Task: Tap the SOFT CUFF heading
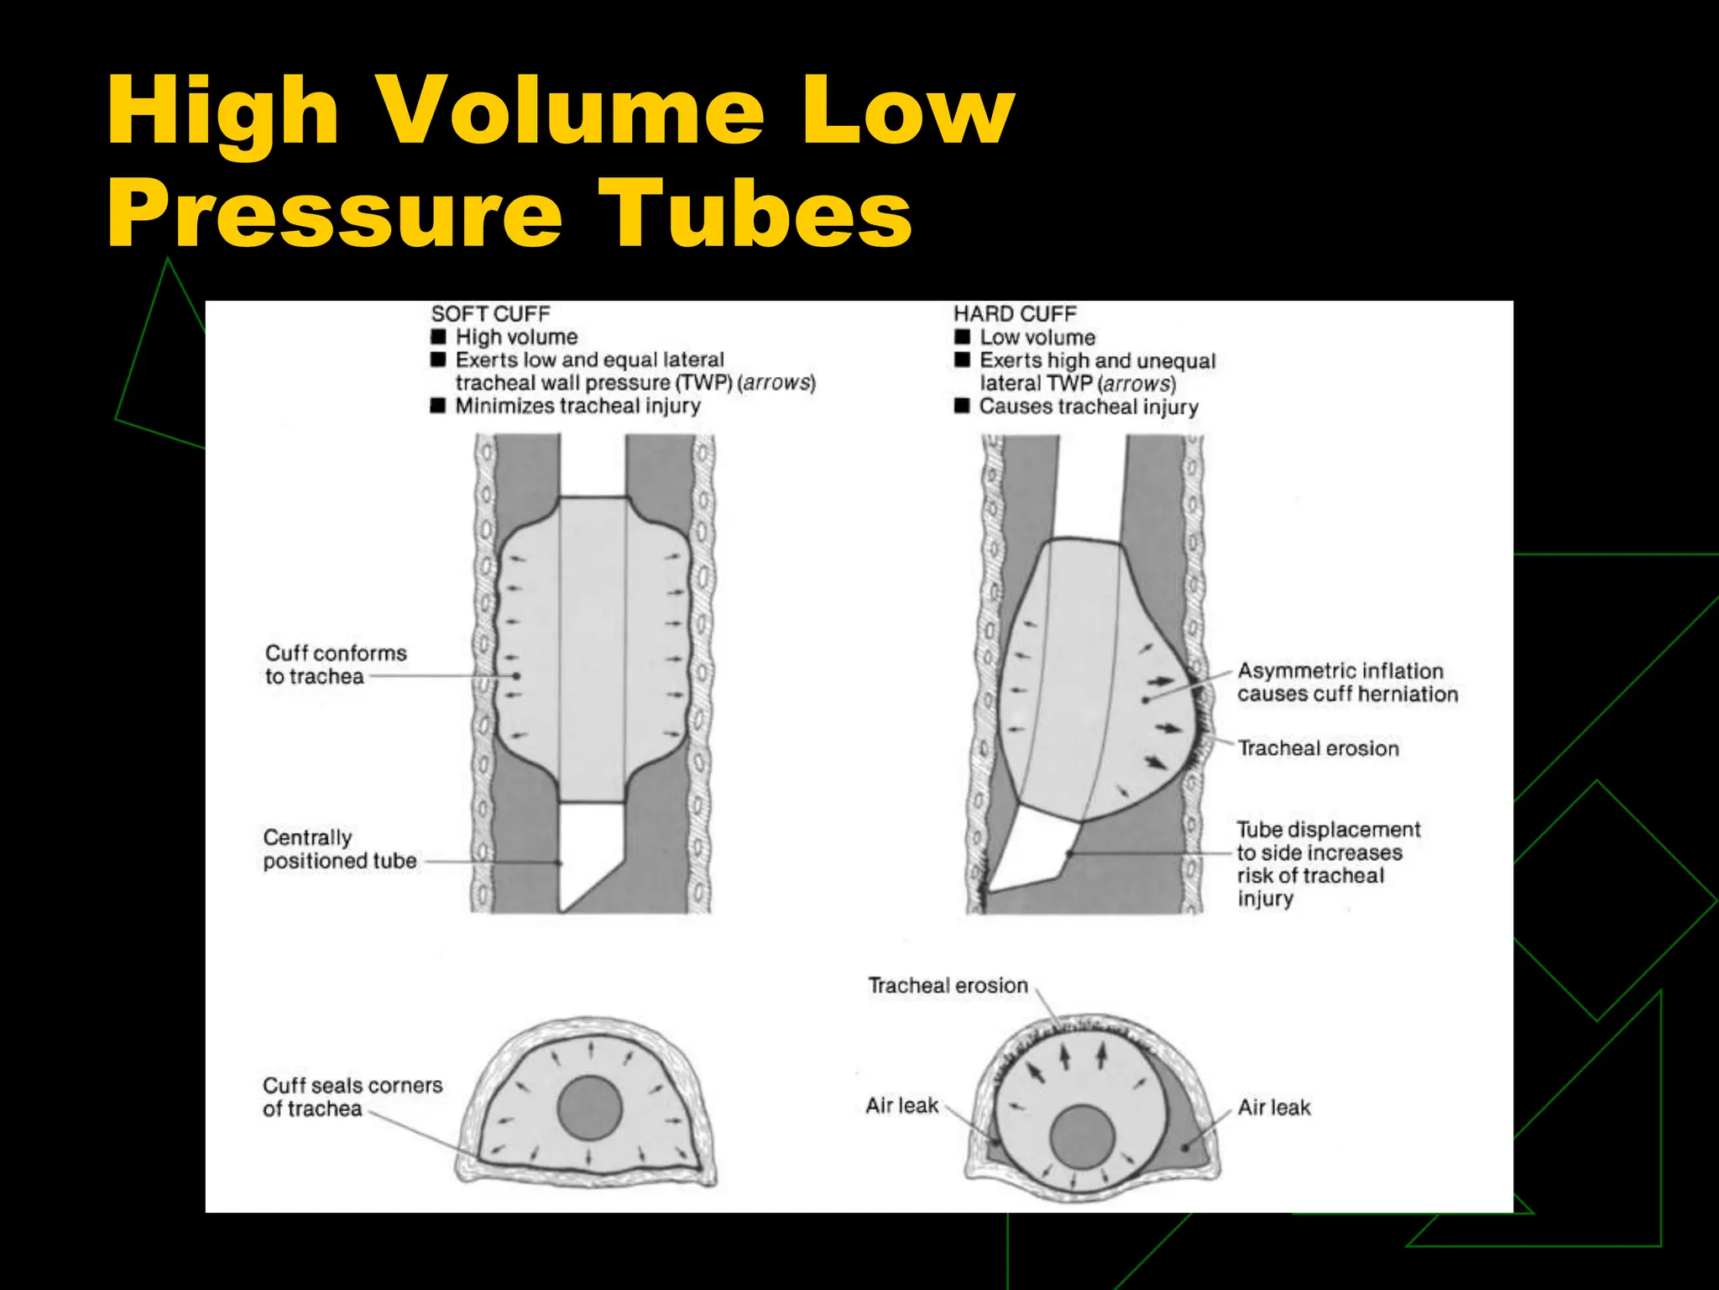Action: tap(490, 314)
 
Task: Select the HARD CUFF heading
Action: tap(1015, 314)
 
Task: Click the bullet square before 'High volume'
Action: tap(438, 337)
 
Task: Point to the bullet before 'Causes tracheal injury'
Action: tap(962, 406)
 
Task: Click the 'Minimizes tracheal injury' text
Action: tap(577, 406)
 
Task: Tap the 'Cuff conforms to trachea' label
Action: tap(335, 664)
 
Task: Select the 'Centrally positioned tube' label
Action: tap(339, 849)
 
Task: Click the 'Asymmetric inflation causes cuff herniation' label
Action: tap(1346, 683)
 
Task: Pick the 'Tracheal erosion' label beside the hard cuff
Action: tap(1318, 748)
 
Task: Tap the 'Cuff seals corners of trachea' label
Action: tap(352, 1097)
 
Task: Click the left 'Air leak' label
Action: tap(901, 1106)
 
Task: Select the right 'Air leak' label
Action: tap(1273, 1108)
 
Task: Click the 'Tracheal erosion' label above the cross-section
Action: tap(948, 986)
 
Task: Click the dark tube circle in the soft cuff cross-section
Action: tap(589, 1108)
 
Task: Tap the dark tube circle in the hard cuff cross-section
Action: tap(1082, 1137)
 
